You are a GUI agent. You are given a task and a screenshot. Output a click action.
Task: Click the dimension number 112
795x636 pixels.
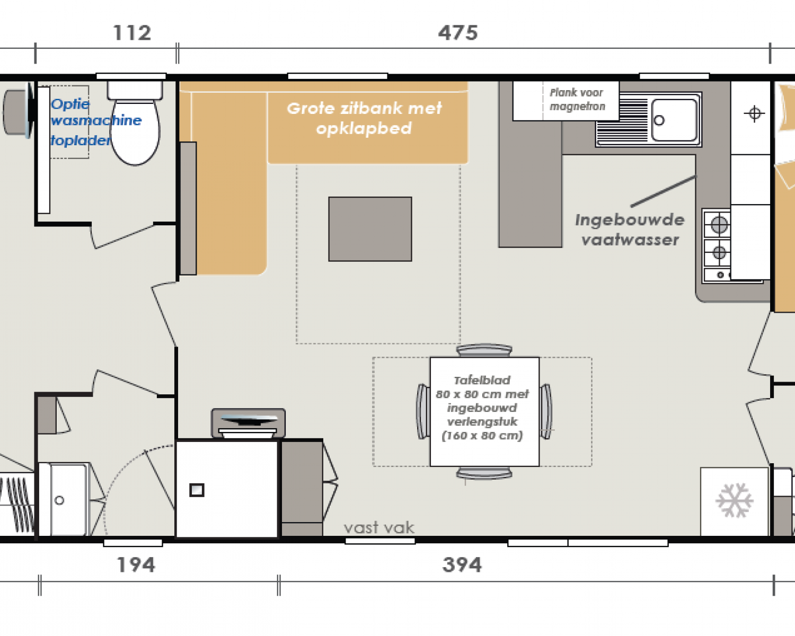tap(132, 33)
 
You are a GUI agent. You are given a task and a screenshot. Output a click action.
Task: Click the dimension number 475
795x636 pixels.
tap(458, 33)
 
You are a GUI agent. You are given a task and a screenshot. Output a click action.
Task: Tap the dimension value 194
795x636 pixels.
tap(136, 564)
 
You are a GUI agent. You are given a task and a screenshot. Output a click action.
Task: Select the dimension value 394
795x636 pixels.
tap(462, 564)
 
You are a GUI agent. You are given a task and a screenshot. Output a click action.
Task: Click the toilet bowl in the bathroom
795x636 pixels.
tap(135, 132)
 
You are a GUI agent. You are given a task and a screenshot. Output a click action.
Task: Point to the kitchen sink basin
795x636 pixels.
tap(674, 120)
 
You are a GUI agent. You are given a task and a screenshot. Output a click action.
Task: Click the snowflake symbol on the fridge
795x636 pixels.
tap(734, 500)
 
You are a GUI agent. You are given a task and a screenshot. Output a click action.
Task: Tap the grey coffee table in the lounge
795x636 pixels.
tap(370, 229)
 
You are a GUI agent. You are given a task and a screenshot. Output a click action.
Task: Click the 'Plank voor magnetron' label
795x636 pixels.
tap(577, 100)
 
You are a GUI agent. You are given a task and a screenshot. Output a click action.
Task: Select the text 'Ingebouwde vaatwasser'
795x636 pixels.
tap(630, 230)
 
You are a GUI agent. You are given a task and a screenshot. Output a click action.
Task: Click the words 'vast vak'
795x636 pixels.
tap(378, 527)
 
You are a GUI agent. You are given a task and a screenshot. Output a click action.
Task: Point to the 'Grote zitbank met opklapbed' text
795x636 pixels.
tap(364, 118)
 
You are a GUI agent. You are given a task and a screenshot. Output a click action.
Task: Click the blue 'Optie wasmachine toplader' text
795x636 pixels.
tap(96, 122)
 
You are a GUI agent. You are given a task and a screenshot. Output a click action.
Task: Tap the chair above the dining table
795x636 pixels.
tap(484, 350)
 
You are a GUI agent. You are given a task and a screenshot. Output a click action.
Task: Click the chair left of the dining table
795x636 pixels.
tap(423, 411)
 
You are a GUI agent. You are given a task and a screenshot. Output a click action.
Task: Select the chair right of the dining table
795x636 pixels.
tap(546, 411)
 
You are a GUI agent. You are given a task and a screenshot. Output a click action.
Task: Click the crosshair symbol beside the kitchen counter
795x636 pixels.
tap(754, 113)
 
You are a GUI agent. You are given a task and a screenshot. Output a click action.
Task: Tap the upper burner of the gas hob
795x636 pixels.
tap(719, 225)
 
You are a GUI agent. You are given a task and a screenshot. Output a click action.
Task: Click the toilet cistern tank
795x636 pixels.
tap(135, 90)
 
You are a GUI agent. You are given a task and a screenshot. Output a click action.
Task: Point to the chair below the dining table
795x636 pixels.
tap(484, 473)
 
